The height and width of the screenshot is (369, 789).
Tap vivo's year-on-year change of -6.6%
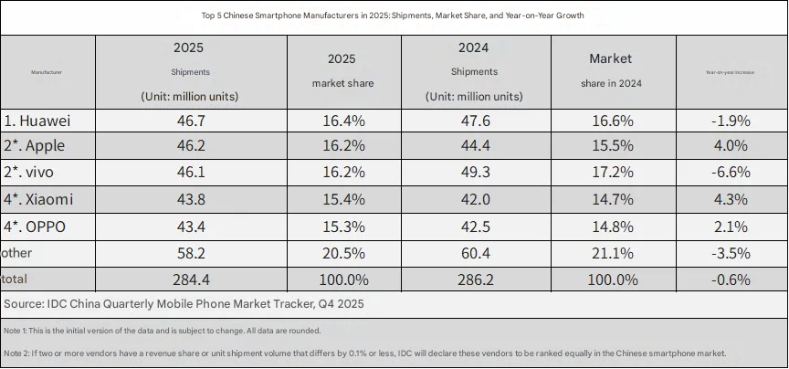[730, 173]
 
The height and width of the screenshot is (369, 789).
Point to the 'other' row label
[19, 252]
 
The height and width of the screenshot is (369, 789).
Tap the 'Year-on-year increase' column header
[730, 71]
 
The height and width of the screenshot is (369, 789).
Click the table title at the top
[394, 16]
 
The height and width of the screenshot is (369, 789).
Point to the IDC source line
[183, 302]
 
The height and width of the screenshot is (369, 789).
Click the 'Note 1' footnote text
[162, 330]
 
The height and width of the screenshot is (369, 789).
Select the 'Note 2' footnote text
[365, 353]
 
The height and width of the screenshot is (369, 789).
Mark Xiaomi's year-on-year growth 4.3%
[730, 199]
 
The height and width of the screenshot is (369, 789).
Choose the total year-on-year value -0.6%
[730, 278]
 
